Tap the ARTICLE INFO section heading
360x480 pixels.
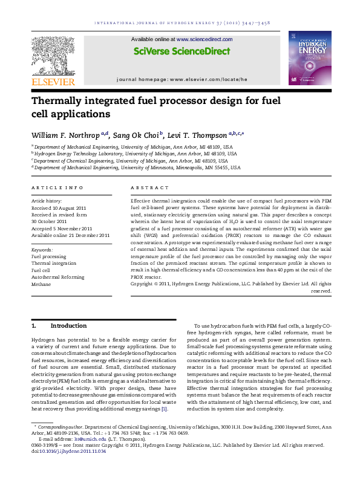(57, 188)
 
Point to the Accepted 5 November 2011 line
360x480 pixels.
(62, 229)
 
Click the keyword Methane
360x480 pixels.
(41, 284)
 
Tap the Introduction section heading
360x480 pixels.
(68, 325)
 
